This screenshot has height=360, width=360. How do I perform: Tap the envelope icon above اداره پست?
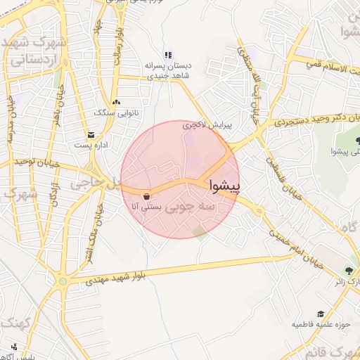click(90, 134)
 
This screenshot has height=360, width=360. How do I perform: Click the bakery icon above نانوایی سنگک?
click(116, 102)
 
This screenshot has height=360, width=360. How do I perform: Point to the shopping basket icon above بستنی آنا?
click(146, 196)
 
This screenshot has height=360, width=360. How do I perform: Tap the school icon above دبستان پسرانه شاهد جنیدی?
click(167, 55)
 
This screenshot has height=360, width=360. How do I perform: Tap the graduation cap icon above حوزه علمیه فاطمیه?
click(321, 314)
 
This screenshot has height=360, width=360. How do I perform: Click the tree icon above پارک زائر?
click(350, 271)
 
